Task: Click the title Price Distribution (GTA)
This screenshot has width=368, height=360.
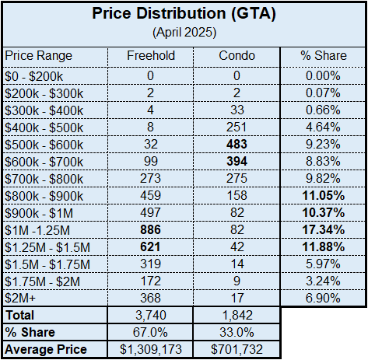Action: [x=184, y=13]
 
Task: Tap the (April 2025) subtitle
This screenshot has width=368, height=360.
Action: [x=184, y=33]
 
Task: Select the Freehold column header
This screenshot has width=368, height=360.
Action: [x=151, y=55]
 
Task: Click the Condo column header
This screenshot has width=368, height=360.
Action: [x=237, y=55]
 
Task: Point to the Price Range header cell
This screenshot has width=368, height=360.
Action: [x=38, y=56]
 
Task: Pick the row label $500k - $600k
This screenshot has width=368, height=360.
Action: [x=44, y=145]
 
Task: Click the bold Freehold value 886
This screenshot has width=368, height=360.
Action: [x=150, y=230]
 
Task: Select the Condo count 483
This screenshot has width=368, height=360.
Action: [x=237, y=145]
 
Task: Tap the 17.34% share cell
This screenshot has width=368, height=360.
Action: [x=324, y=230]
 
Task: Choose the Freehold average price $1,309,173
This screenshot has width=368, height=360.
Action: [x=151, y=349]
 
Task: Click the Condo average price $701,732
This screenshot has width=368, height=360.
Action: [x=237, y=349]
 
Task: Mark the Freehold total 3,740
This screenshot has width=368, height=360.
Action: [x=151, y=315]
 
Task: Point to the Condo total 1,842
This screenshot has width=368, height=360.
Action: [x=237, y=315]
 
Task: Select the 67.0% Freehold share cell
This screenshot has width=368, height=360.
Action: [x=150, y=332]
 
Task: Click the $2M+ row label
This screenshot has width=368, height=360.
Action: [x=20, y=299]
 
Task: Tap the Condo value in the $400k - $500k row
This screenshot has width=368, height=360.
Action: [x=237, y=128]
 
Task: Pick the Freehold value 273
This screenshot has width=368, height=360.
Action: [x=150, y=179]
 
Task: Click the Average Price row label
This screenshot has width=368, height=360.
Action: [x=46, y=350]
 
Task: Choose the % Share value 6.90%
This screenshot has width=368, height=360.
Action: [x=323, y=299]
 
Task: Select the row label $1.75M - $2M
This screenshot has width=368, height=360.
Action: [x=43, y=281]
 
